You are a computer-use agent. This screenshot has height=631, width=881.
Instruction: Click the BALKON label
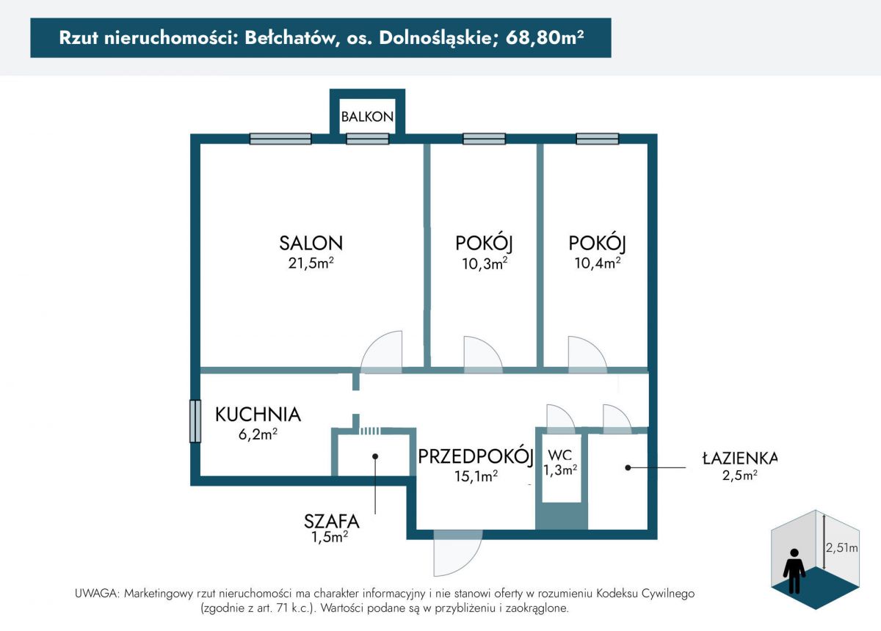pyautogui.click(x=367, y=117)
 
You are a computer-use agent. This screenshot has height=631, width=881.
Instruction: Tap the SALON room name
pyautogui.click(x=311, y=243)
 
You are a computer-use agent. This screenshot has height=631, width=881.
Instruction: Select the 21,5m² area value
pyautogui.click(x=311, y=263)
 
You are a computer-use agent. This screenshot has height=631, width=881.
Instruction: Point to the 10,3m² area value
pyautogui.click(x=484, y=263)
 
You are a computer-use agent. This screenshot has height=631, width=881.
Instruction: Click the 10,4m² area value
pyautogui.click(x=597, y=263)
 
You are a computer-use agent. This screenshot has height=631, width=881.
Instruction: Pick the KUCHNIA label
pyautogui.click(x=258, y=415)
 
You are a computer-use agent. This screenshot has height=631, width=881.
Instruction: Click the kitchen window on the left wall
pyautogui.click(x=195, y=421)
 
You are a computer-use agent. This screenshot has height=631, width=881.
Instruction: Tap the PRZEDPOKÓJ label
pyautogui.click(x=475, y=456)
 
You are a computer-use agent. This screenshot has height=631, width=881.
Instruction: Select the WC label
pyautogui.click(x=559, y=455)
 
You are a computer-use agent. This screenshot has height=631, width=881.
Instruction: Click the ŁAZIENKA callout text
pyautogui.click(x=740, y=458)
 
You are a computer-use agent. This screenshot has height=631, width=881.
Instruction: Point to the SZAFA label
pyautogui.click(x=331, y=522)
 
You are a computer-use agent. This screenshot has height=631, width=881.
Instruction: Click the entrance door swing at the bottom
pyautogui.click(x=457, y=552)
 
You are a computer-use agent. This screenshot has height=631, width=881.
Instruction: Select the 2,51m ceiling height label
pyautogui.click(x=841, y=547)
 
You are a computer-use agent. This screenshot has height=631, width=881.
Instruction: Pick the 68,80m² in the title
pyautogui.click(x=544, y=37)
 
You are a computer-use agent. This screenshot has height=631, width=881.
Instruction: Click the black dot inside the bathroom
pyautogui.click(x=628, y=468)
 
